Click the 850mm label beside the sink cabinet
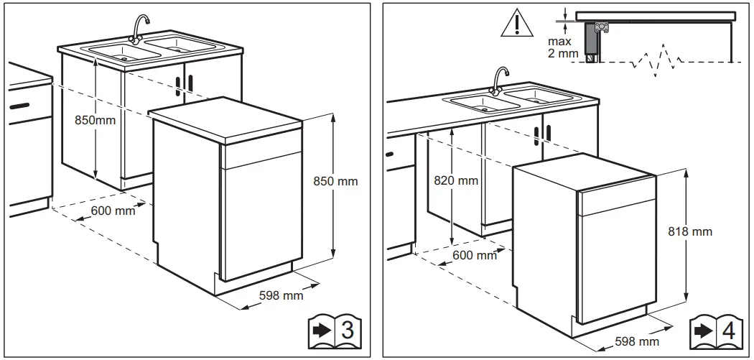click(x=95, y=120)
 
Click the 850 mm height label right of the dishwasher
click(x=336, y=181)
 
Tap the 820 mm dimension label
click(x=456, y=180)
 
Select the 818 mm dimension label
click(x=691, y=231)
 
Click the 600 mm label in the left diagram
click(x=113, y=211)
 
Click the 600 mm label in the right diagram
click(x=474, y=255)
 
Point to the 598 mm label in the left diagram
click(x=281, y=295)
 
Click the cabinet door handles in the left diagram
click(x=184, y=83)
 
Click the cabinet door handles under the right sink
click(x=543, y=134)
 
